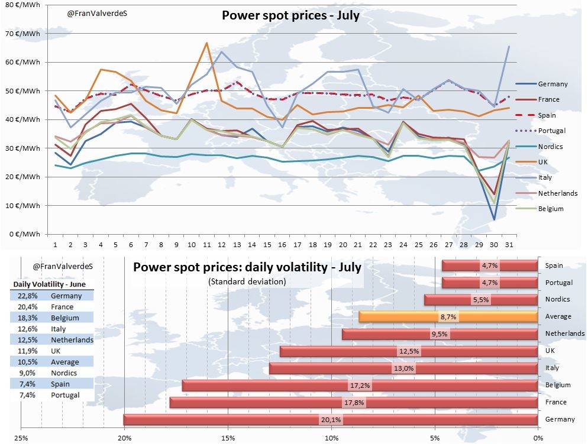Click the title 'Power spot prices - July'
(290, 16)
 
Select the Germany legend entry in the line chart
(553, 84)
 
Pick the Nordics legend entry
(551, 146)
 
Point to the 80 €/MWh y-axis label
(23, 5)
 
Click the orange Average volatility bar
(448, 317)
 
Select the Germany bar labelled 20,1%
(331, 420)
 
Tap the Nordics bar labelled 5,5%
(481, 300)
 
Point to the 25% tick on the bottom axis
(21, 438)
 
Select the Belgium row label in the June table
(66, 318)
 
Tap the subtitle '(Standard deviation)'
(247, 282)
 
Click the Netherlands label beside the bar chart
(565, 333)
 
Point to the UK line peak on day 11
(206, 43)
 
